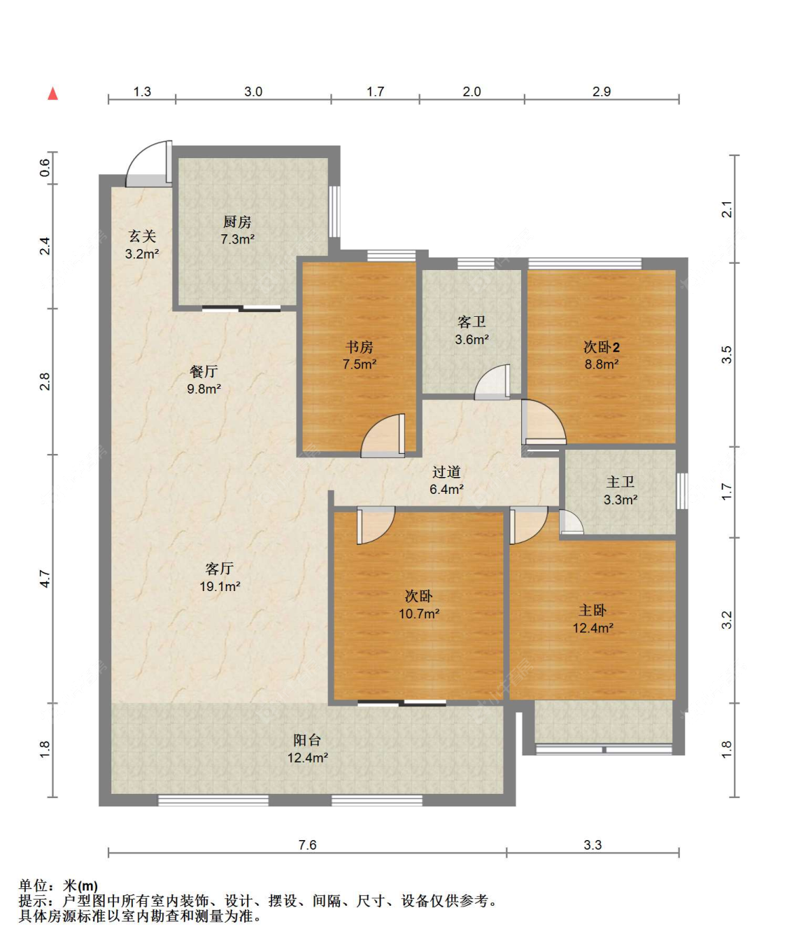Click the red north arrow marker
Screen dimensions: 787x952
(x=53, y=94)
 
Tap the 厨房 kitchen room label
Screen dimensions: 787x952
(x=237, y=222)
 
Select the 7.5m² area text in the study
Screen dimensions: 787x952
(x=360, y=364)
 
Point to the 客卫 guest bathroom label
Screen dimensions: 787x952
(x=472, y=322)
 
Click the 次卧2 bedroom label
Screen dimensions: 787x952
(x=602, y=348)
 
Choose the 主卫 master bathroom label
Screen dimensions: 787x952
(x=620, y=482)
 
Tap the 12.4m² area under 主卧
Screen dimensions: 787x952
(x=593, y=628)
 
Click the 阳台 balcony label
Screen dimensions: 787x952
(x=307, y=740)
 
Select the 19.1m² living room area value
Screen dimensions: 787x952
(x=220, y=586)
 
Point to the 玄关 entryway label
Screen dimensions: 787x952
(x=142, y=236)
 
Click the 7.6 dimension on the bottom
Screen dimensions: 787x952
(x=307, y=845)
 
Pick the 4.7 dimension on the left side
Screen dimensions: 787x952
(x=45, y=578)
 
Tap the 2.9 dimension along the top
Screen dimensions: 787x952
(x=602, y=92)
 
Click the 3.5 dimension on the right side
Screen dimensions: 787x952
(x=727, y=355)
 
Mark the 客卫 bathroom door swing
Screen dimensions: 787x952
(x=492, y=382)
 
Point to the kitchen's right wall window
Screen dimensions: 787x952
(x=334, y=211)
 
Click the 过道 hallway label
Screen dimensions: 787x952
(x=446, y=472)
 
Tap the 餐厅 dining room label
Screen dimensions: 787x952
(x=204, y=371)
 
